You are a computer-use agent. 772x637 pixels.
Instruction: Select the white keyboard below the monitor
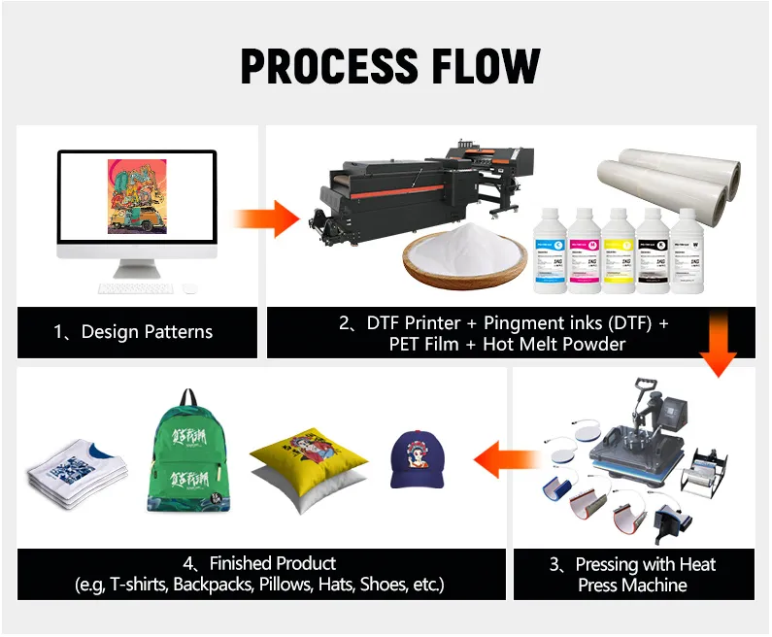pos(135,288)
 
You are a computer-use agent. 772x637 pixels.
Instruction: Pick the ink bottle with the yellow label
pos(620,251)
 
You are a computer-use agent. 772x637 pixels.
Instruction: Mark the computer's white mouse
pos(189,288)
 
